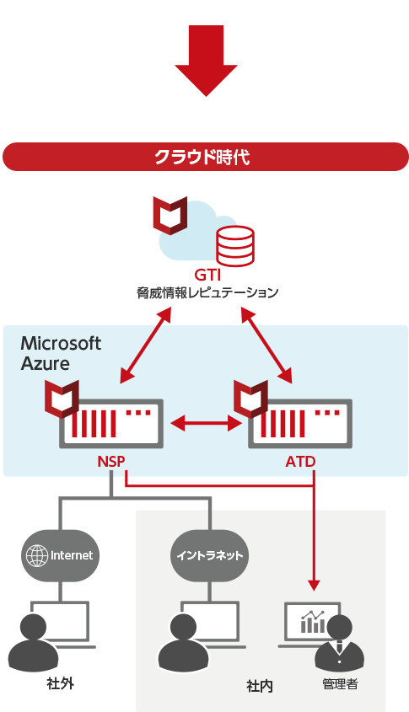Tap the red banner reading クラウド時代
click(x=206, y=157)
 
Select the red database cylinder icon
click(x=235, y=246)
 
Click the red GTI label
click(x=207, y=275)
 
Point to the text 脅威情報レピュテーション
click(x=207, y=292)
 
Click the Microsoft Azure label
click(x=61, y=353)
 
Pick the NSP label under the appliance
click(x=110, y=462)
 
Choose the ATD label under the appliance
click(x=300, y=462)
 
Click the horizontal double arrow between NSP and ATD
click(x=206, y=424)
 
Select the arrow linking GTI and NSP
click(x=145, y=345)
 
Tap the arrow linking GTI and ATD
click(x=266, y=345)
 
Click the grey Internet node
click(x=60, y=555)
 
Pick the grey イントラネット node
click(x=209, y=555)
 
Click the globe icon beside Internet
click(x=37, y=555)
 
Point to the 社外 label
click(x=60, y=683)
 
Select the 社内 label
click(x=260, y=686)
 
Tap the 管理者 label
click(x=340, y=684)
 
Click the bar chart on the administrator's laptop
click(x=313, y=622)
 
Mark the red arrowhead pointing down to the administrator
click(x=314, y=585)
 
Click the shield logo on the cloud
click(x=170, y=215)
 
